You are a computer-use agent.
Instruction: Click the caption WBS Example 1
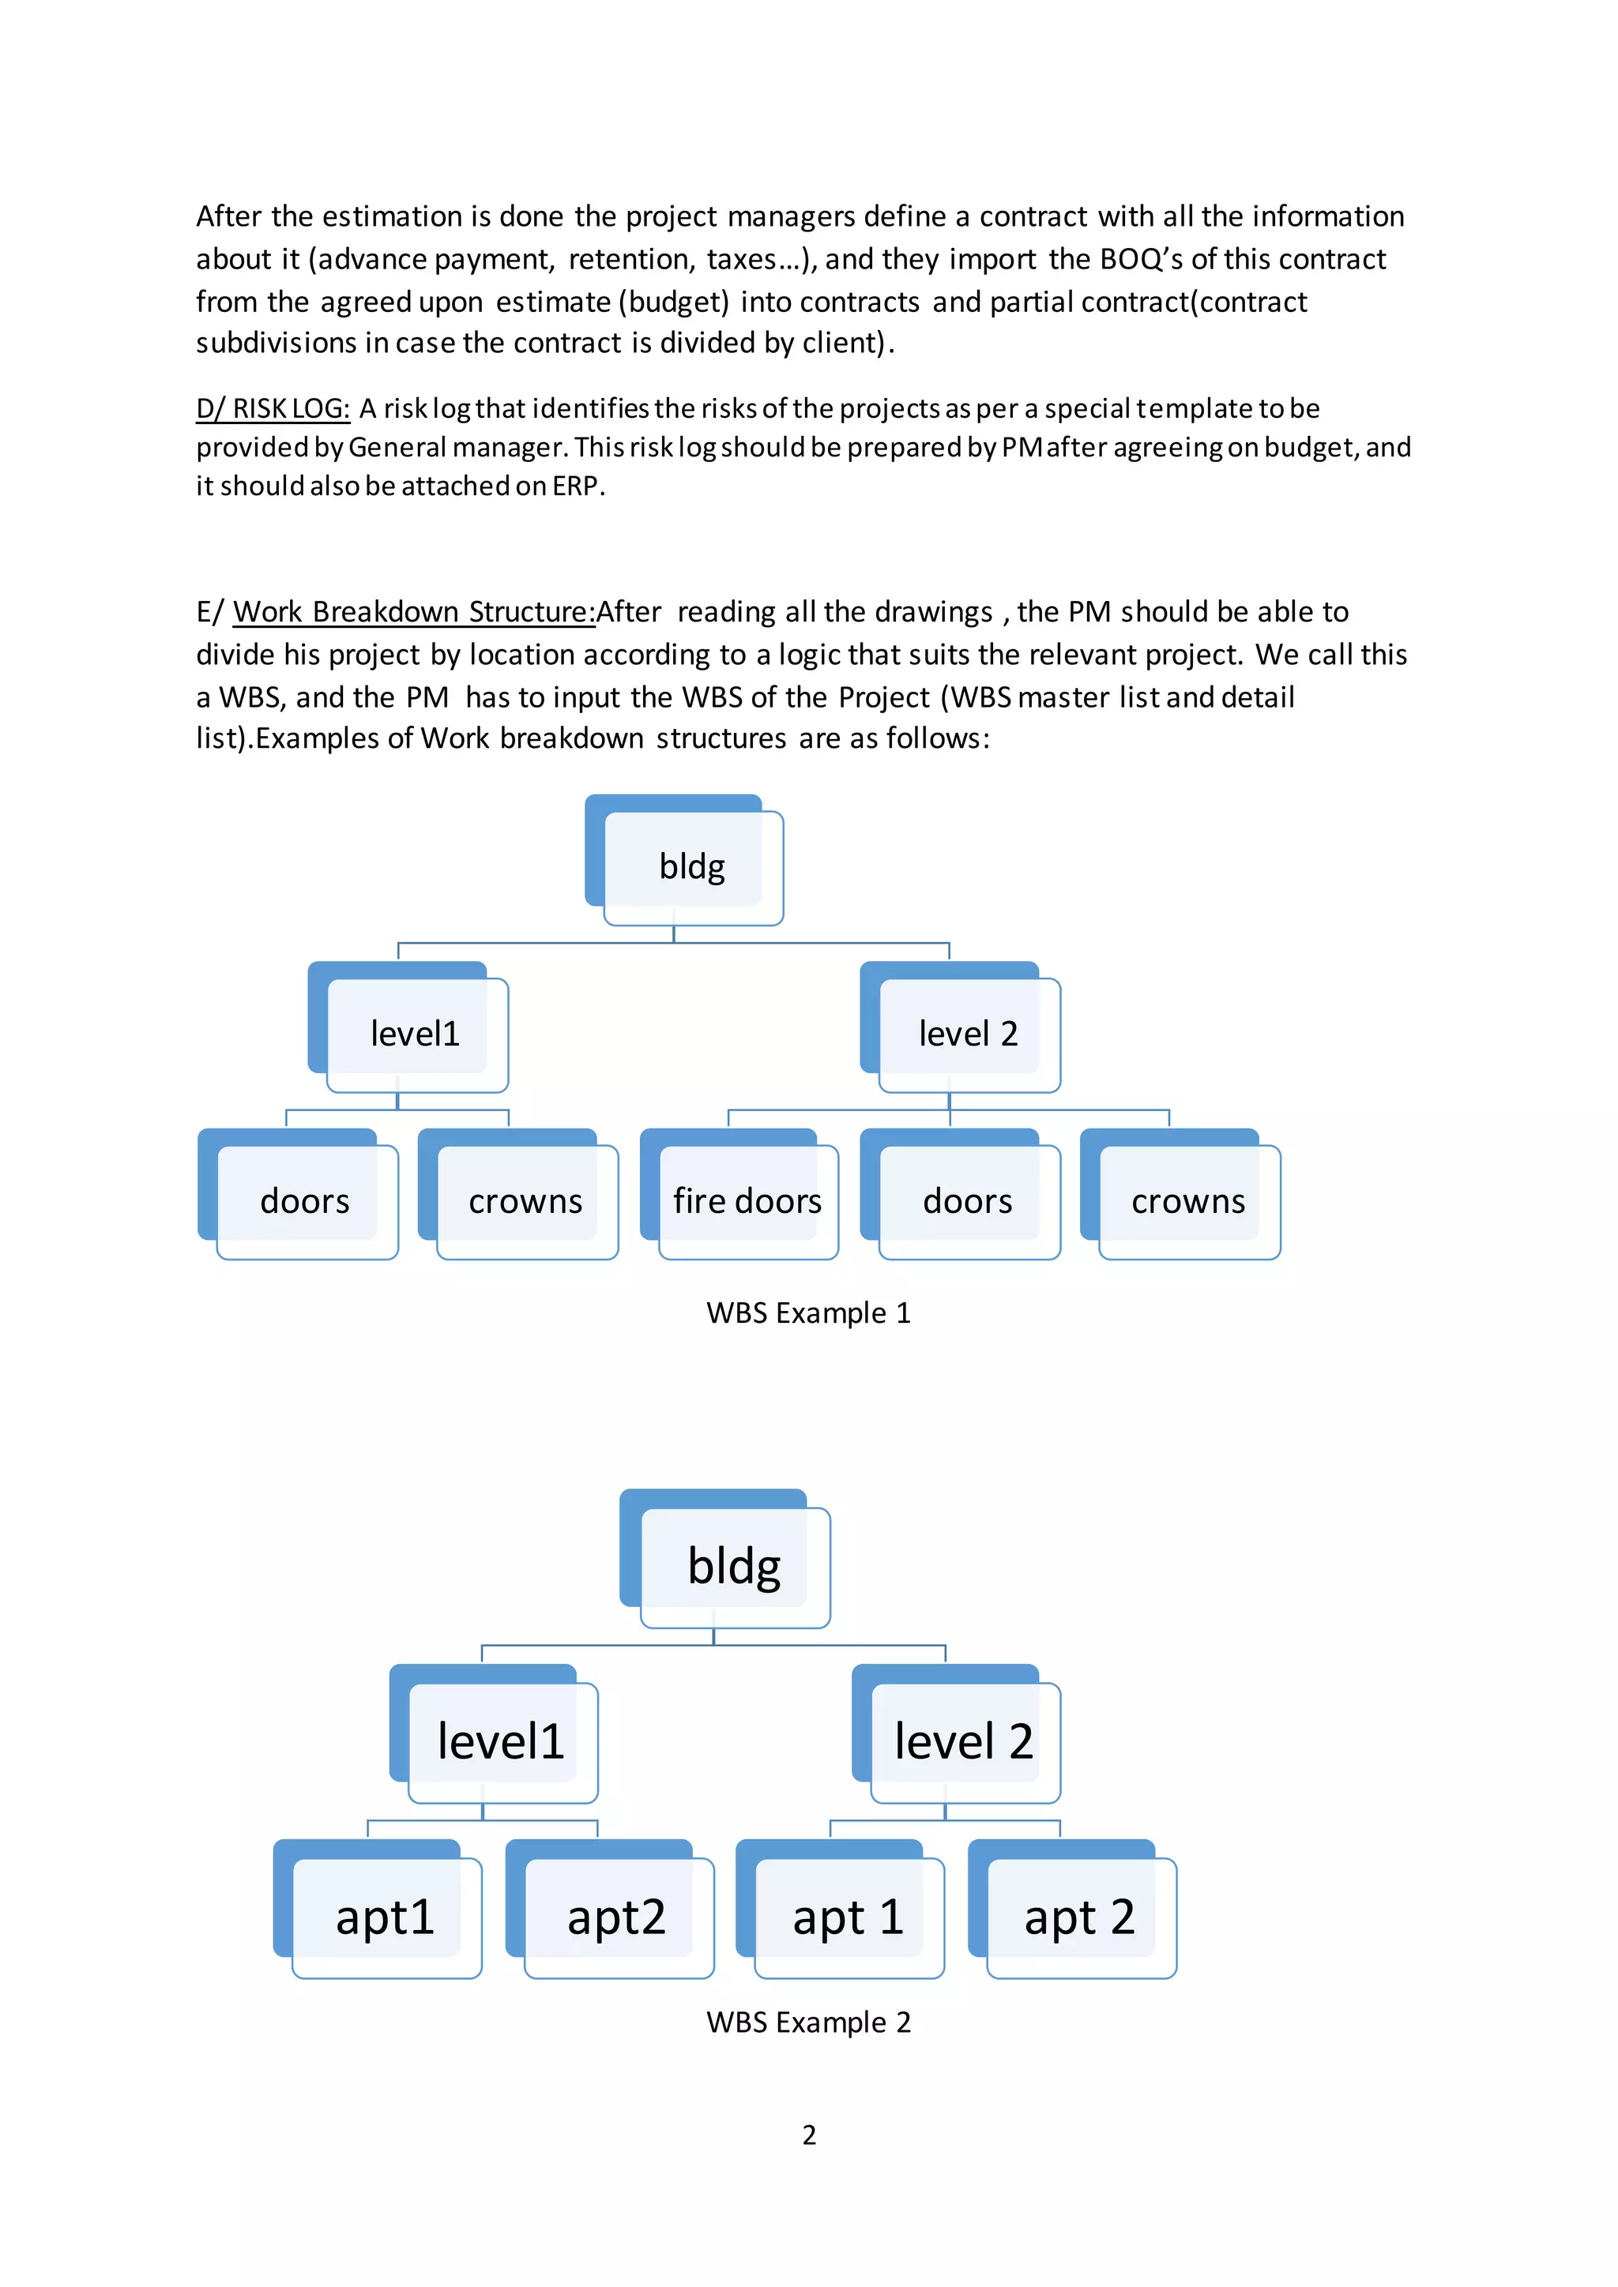(808, 1312)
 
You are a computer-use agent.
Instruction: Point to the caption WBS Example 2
(808, 2022)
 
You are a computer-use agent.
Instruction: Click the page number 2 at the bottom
(809, 2135)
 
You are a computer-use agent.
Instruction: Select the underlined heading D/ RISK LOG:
(273, 408)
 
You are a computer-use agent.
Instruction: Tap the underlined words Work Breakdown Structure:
(413, 611)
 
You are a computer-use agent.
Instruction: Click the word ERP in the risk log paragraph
(575, 486)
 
